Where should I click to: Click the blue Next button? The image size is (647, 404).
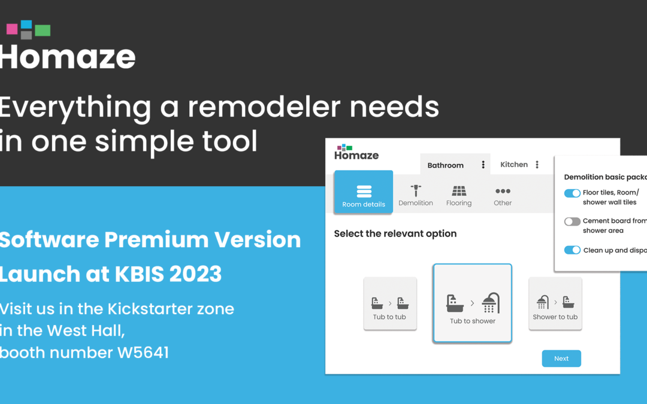[x=561, y=359]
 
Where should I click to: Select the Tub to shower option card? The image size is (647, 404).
[x=473, y=303]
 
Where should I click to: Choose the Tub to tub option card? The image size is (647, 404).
[x=390, y=303]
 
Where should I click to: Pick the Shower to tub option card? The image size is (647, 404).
[x=555, y=303]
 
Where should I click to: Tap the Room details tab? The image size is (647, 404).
[x=364, y=192]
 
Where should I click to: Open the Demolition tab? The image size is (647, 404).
[x=416, y=195]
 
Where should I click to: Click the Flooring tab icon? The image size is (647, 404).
[x=459, y=191]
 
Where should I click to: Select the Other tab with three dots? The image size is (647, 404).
[x=503, y=196]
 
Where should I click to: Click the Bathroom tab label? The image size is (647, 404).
[x=445, y=165]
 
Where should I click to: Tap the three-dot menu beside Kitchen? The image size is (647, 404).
[x=537, y=165]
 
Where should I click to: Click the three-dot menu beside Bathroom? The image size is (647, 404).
[x=483, y=165]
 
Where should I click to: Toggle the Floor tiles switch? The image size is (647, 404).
[x=572, y=193]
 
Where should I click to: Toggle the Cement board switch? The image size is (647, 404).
[x=572, y=221]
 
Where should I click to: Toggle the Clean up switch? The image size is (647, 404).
[x=572, y=250]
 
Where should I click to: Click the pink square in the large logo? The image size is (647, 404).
[x=12, y=29]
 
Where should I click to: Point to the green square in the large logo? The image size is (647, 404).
[x=43, y=31]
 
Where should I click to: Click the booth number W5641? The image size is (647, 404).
[x=143, y=353]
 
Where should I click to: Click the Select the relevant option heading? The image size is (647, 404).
[x=395, y=234]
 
